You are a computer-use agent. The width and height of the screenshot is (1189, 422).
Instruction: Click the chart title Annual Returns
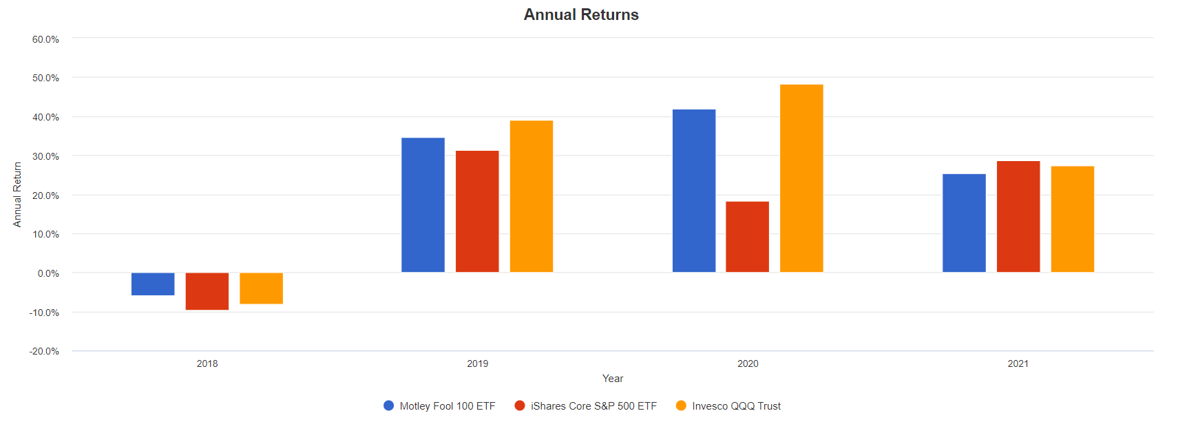580,14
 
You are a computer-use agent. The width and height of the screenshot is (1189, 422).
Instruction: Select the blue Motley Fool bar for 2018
153,284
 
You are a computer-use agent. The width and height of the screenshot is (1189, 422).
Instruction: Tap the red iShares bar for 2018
207,291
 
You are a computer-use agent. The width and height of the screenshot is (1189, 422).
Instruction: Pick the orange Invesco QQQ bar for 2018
261,288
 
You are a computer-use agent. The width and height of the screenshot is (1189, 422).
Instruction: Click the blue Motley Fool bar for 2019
423,205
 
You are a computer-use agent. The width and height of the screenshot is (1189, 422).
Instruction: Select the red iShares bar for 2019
477,211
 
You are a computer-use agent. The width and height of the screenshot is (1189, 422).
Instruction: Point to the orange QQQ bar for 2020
801,178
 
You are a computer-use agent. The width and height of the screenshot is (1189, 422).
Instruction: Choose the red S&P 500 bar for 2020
747,237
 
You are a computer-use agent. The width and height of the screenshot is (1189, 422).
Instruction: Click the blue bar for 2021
964,223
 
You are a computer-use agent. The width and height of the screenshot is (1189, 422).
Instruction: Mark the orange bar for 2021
1072,219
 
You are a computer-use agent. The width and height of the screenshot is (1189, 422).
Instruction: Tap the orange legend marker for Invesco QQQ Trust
681,405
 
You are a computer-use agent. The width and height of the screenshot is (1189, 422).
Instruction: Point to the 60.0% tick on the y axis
45,39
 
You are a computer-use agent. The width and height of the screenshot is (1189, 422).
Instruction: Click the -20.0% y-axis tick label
44,351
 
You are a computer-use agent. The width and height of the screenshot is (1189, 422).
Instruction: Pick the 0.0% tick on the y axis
48,273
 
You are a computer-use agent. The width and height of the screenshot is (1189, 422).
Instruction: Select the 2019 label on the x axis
477,363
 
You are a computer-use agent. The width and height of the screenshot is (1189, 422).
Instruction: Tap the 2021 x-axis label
1018,363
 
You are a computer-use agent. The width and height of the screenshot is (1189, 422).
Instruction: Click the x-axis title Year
612,379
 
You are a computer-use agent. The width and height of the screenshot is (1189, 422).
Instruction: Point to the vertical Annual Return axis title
17,194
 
